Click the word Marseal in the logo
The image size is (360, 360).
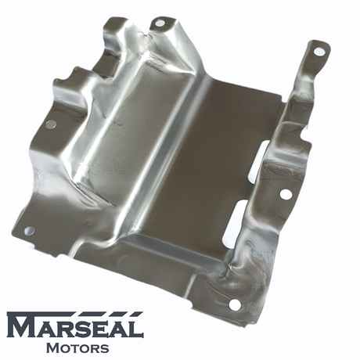pos(75,325)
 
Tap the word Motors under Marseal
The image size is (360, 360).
pos(77,348)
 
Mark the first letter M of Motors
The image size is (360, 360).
pos(53,348)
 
